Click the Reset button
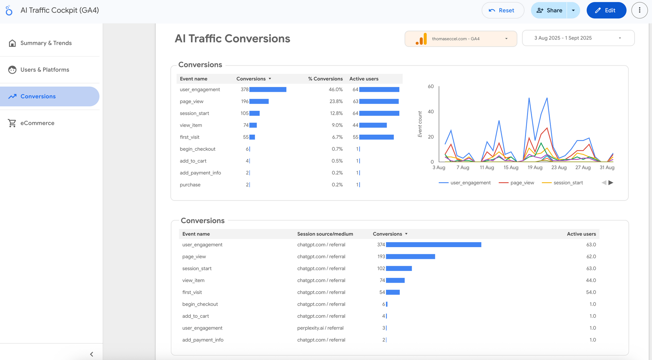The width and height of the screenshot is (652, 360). [502, 10]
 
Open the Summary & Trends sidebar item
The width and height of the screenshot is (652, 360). [46, 43]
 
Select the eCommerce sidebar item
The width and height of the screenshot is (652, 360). [37, 123]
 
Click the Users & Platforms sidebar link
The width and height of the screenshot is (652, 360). [45, 70]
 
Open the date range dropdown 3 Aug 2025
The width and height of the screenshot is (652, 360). [578, 38]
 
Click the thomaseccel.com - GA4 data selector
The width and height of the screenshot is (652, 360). [461, 39]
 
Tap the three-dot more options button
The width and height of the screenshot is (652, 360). [639, 10]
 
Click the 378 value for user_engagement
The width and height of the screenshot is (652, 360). [245, 89]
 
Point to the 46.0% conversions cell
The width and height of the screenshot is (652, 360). [335, 89]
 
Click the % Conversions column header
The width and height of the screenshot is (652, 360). [325, 79]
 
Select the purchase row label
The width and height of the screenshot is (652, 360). [190, 185]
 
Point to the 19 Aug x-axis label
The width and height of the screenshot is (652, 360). [535, 167]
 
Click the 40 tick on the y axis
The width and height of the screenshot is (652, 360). [431, 112]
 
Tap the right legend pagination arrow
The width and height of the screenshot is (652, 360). [611, 183]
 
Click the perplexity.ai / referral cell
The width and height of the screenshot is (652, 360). [320, 328]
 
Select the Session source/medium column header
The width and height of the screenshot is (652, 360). [325, 234]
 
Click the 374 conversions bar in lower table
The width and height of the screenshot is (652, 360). [433, 245]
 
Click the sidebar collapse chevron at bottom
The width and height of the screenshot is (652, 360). [91, 354]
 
